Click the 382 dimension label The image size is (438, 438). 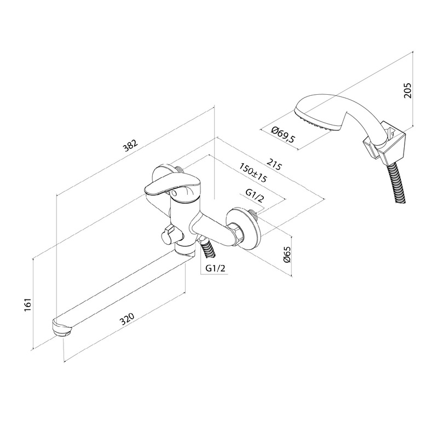click(131, 147)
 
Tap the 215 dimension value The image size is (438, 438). click(274, 164)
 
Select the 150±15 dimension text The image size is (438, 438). click(253, 172)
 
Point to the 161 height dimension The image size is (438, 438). click(29, 306)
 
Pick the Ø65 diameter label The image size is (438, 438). click(286, 254)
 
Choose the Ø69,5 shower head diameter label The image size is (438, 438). click(283, 134)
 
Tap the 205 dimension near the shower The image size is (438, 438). click(407, 90)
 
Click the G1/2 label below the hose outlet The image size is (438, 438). click(215, 268)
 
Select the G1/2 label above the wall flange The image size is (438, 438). click(255, 195)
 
